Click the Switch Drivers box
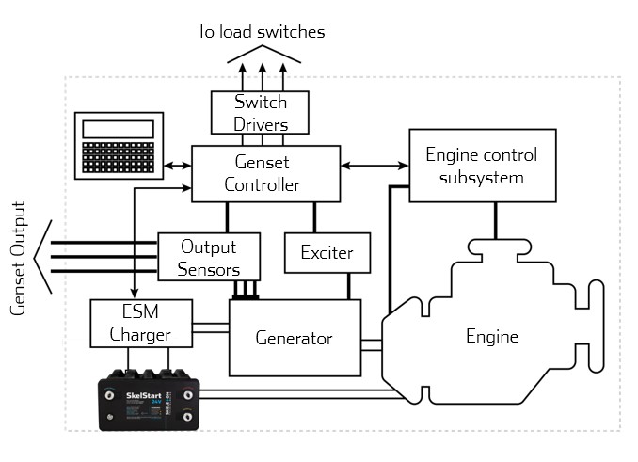(x=249, y=113)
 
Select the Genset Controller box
(x=265, y=173)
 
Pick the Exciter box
(x=326, y=253)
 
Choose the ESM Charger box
(x=141, y=323)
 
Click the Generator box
(x=295, y=336)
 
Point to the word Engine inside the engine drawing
(x=492, y=336)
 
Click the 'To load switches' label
(x=261, y=31)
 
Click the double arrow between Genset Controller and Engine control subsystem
(x=375, y=167)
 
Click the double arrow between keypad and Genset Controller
(x=176, y=167)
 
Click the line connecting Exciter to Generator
(x=350, y=286)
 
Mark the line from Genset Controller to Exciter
(x=313, y=216)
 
